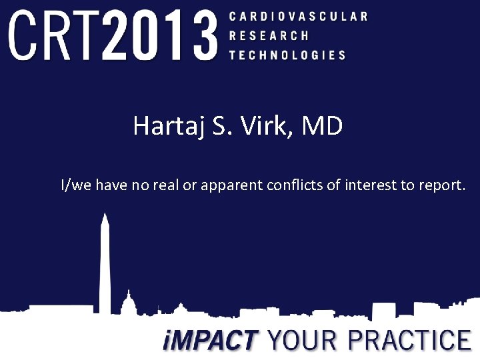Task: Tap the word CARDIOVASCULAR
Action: click(x=298, y=16)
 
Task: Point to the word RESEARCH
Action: click(x=269, y=36)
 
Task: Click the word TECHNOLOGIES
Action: click(x=287, y=55)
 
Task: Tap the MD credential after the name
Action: click(x=323, y=125)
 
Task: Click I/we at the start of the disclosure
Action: click(x=76, y=185)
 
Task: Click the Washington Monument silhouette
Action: click(x=105, y=263)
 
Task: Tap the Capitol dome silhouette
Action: click(x=128, y=303)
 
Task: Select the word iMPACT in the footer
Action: click(x=209, y=341)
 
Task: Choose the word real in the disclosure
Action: click(x=166, y=185)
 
